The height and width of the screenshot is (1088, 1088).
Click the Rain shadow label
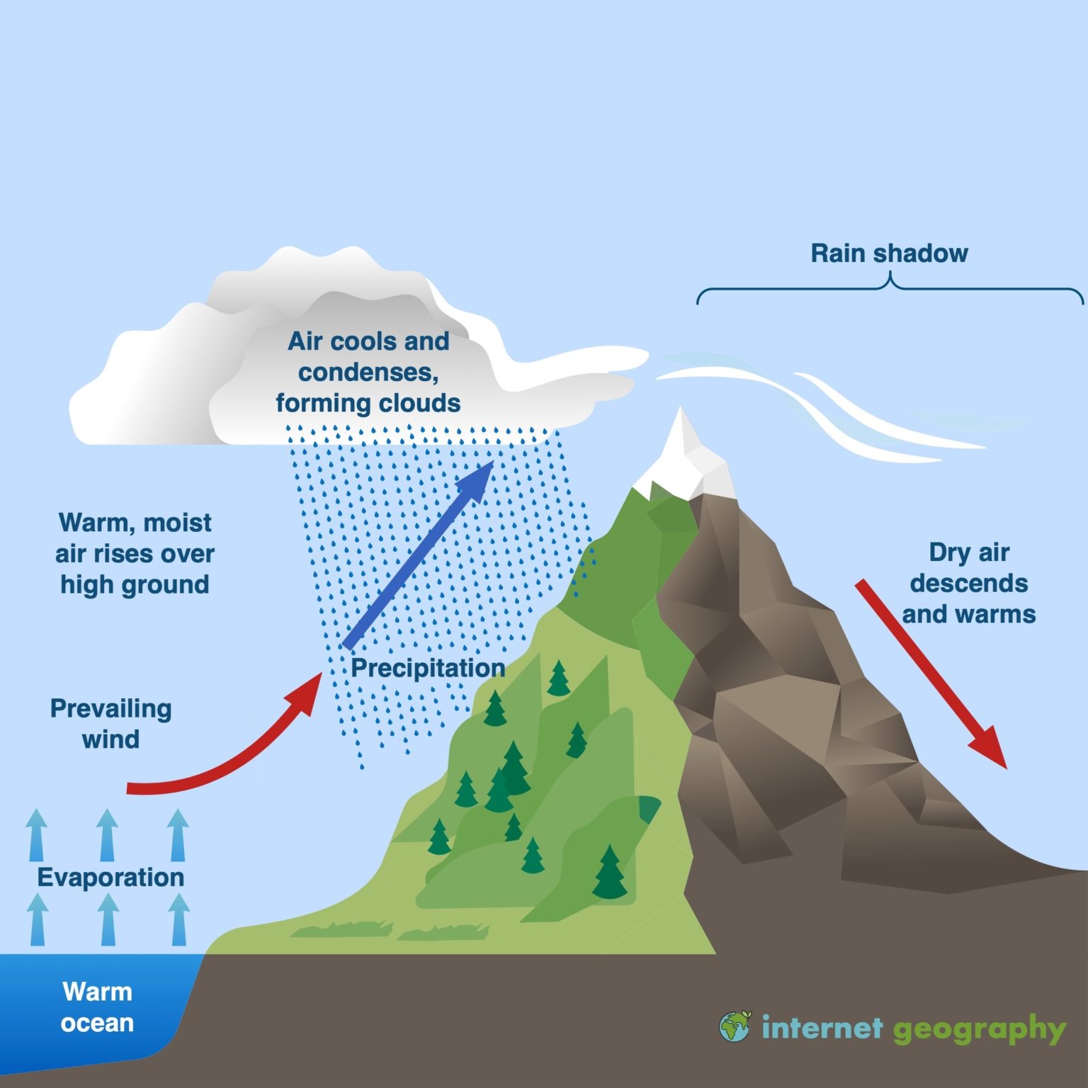pyautogui.click(x=889, y=253)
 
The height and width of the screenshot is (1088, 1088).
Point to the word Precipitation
pyautogui.click(x=428, y=668)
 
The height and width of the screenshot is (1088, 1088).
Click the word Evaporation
pyautogui.click(x=110, y=877)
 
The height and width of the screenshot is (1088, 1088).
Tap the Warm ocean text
pyautogui.click(x=97, y=1007)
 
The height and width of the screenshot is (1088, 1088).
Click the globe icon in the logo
pyautogui.click(x=735, y=1026)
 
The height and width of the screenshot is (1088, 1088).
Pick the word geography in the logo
pyautogui.click(x=979, y=1029)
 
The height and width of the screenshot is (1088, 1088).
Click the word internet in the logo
pyautogui.click(x=822, y=1027)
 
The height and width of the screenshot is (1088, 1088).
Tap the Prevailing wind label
pyautogui.click(x=110, y=723)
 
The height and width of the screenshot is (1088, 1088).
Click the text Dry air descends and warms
pyautogui.click(x=968, y=583)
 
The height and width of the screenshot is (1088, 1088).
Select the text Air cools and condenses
pyautogui.click(x=368, y=356)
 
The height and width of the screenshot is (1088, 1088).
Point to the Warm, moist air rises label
pyautogui.click(x=135, y=553)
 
